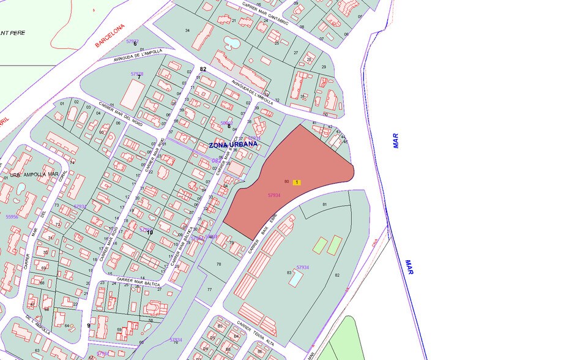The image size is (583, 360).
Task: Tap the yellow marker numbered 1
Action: [x=297, y=182]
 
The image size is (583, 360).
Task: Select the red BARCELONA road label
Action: [x=110, y=36]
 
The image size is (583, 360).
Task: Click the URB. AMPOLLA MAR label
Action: [x=34, y=174]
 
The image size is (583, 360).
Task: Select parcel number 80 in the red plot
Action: [x=286, y=182]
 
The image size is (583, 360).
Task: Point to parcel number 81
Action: [x=325, y=204]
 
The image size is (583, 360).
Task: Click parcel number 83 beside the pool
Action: [x=289, y=272]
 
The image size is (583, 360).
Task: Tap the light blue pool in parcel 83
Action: [x=295, y=279]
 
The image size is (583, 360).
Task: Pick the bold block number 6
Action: [x=135, y=44]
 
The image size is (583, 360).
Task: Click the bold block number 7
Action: [x=139, y=77]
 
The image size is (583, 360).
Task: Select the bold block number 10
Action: [x=149, y=232]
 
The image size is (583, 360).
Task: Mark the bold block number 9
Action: [x=89, y=326]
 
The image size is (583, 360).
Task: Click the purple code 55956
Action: [x=12, y=217]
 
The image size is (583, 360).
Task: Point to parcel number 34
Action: [x=187, y=31]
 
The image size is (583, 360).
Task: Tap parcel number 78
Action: [x=218, y=264]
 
